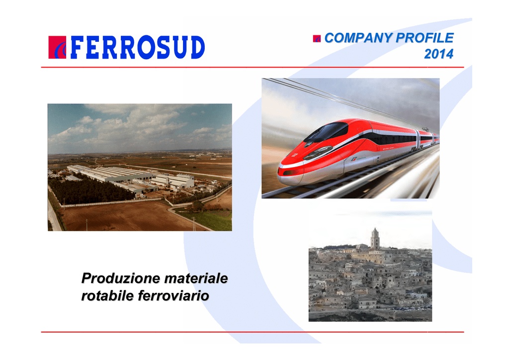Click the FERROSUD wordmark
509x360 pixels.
click(x=137, y=47)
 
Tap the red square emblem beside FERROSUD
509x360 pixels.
click(x=57, y=47)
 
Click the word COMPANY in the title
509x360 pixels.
click(x=358, y=38)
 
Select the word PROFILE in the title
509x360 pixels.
click(x=424, y=38)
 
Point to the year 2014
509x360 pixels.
click(x=438, y=54)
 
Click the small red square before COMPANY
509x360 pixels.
click(x=317, y=39)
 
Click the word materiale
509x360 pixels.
click(x=196, y=278)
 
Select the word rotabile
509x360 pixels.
click(x=107, y=296)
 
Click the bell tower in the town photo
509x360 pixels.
click(x=375, y=238)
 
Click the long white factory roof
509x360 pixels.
click(x=110, y=174)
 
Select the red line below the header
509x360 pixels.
click(x=253, y=67)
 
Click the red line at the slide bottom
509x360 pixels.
click(x=253, y=332)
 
